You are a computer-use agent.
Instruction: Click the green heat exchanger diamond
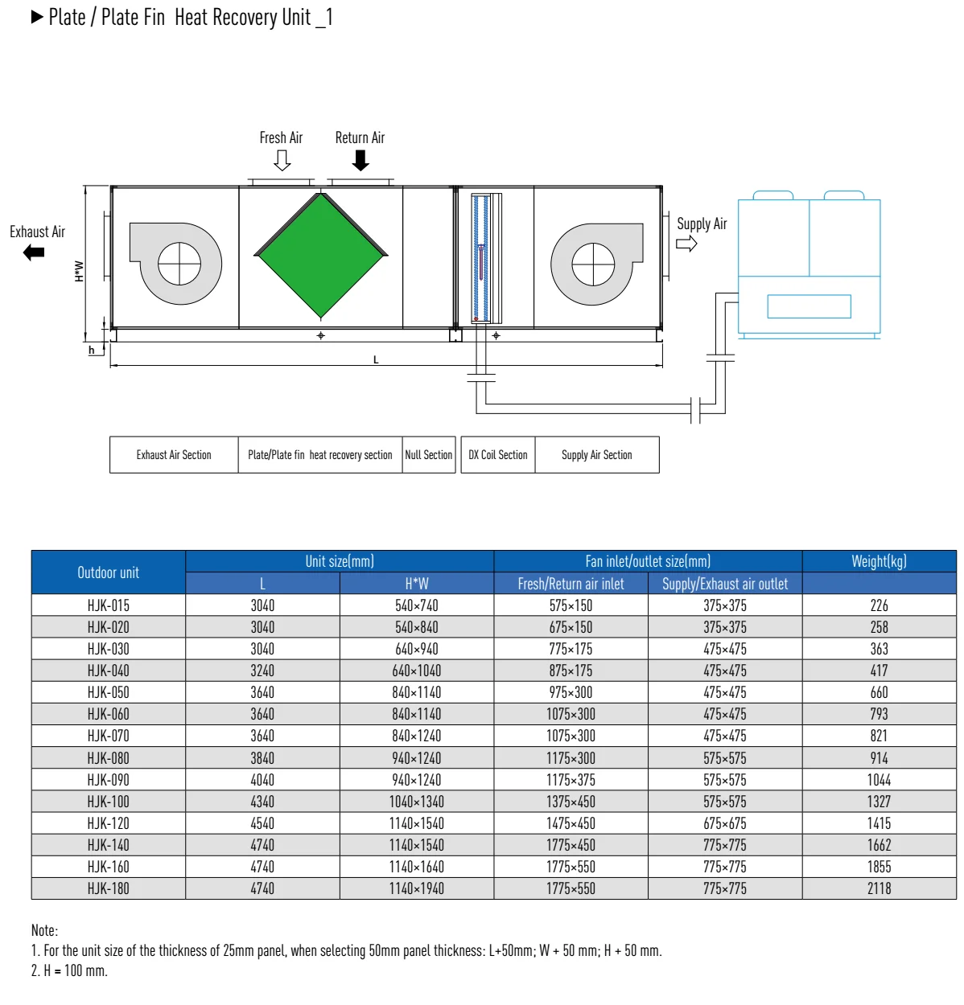tap(321, 255)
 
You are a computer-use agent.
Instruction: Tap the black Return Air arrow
tap(360, 161)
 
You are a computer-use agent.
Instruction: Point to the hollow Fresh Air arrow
tap(282, 161)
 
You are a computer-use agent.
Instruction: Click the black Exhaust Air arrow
tap(34, 253)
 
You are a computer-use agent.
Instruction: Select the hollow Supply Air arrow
tap(686, 244)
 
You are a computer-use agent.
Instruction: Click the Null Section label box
tap(429, 455)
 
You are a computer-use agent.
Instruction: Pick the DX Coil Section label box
tap(498, 455)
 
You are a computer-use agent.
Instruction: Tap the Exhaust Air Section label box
tap(174, 455)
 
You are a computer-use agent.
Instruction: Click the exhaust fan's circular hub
tap(179, 264)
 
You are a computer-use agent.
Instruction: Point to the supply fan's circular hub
tap(593, 265)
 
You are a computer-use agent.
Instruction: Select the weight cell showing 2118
tap(879, 888)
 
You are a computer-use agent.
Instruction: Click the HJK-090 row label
tap(109, 780)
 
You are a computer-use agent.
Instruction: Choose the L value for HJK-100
tap(262, 802)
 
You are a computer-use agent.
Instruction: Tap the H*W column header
tap(417, 584)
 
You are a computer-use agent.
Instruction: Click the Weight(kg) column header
tap(879, 561)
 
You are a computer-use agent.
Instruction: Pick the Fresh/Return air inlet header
tap(571, 584)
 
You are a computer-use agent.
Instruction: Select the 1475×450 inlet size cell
tap(571, 823)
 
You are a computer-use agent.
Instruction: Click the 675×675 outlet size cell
tap(725, 823)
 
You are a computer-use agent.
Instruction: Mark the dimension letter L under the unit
tap(376, 359)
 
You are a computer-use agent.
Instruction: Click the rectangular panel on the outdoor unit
tap(809, 306)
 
